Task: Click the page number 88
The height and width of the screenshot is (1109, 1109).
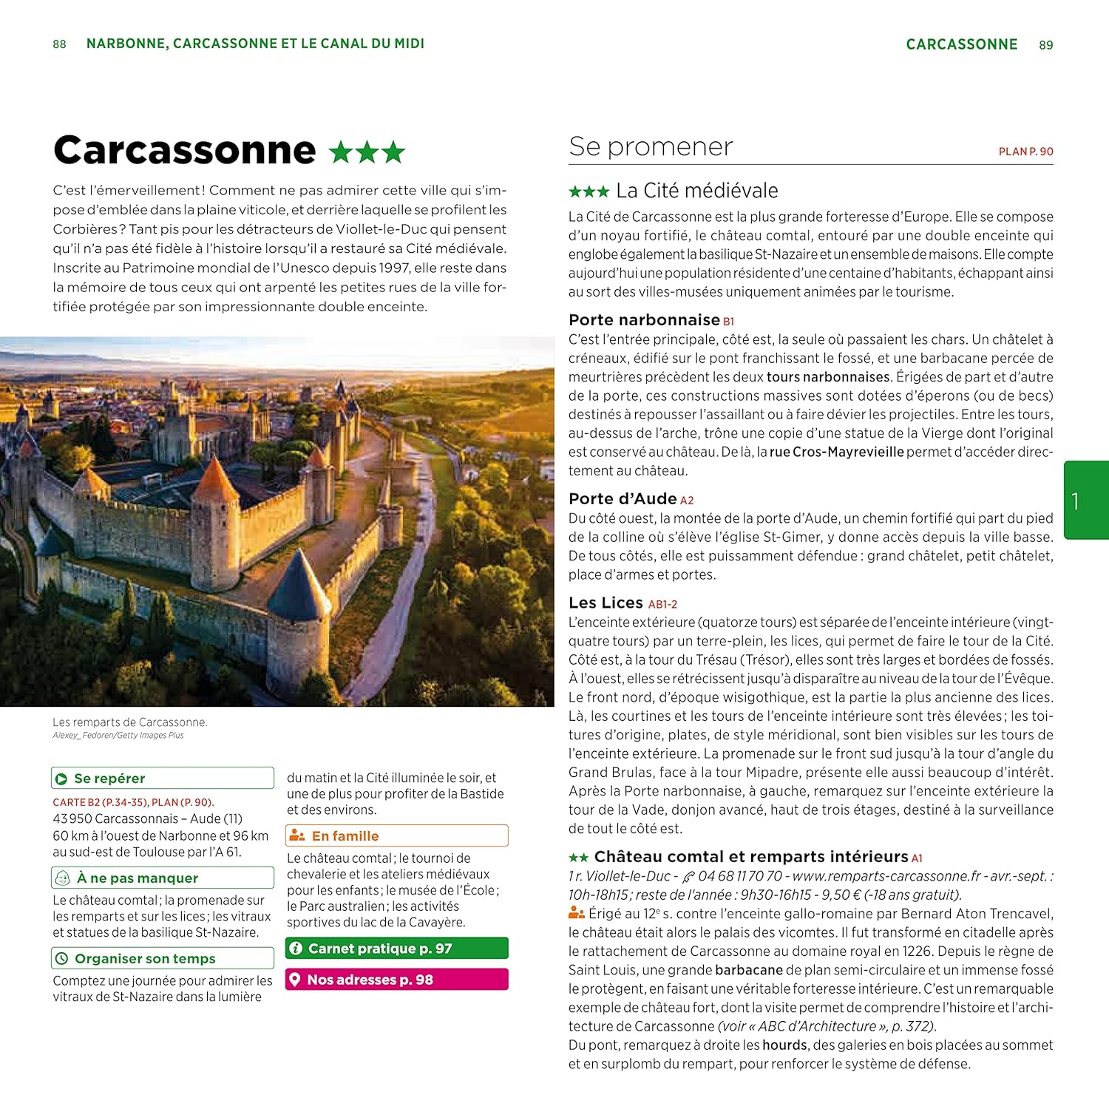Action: pos(59,44)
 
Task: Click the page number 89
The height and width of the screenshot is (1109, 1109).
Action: pos(1045,45)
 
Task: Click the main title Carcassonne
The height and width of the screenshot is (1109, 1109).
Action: pos(185,150)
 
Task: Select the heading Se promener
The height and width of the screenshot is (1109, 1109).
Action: pos(651,146)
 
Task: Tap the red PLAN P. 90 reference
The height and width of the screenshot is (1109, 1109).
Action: pos(1025,152)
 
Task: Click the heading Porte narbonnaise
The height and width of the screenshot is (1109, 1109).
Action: pos(644,320)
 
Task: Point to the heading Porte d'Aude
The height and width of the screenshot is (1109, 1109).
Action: pos(623,499)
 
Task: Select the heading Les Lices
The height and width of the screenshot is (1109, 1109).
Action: pos(606,603)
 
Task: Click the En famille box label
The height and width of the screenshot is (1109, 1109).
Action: pos(345,836)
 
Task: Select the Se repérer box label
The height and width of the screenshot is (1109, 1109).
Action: pos(109,779)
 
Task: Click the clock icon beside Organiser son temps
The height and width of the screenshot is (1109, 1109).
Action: pos(61,959)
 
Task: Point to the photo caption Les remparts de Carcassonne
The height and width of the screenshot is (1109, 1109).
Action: pos(130,722)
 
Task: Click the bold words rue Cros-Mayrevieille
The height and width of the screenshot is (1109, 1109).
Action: pos(836,452)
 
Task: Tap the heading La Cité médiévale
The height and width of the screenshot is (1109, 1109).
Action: pos(696,191)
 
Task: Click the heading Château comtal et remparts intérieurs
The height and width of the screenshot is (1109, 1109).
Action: pos(750,857)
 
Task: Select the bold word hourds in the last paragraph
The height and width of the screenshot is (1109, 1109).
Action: pos(784,1045)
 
